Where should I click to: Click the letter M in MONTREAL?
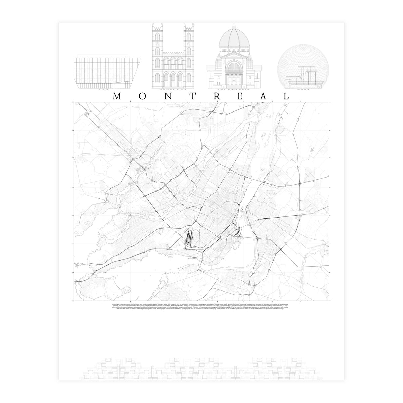(117, 96)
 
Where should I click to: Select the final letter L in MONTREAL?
(286, 96)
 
